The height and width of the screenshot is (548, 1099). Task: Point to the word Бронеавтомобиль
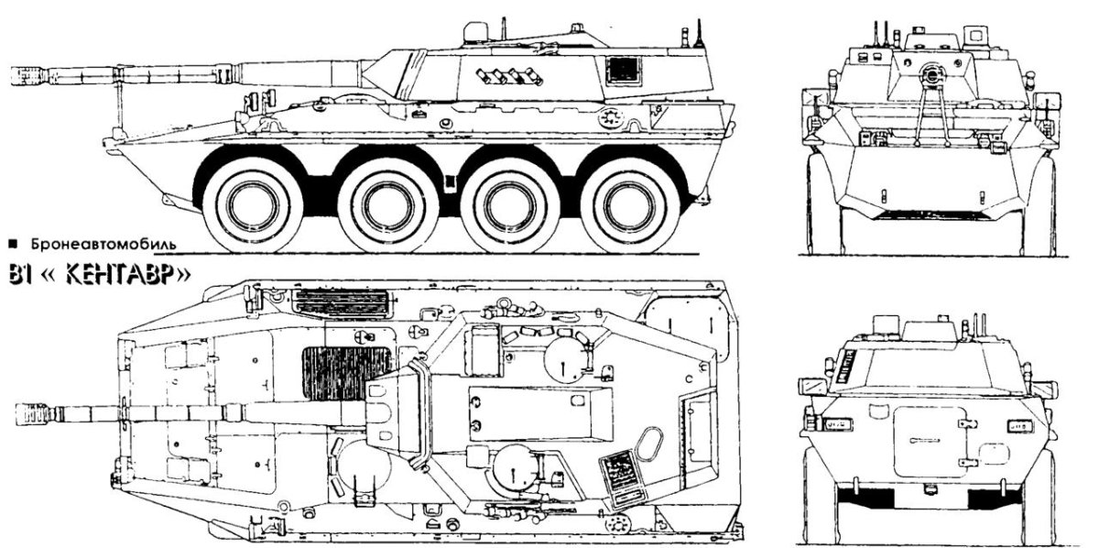101,245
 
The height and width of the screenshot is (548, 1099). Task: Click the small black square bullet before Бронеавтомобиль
11,245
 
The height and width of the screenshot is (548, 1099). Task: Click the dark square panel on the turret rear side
624,70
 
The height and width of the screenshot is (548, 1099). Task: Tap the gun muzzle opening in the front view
933,72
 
